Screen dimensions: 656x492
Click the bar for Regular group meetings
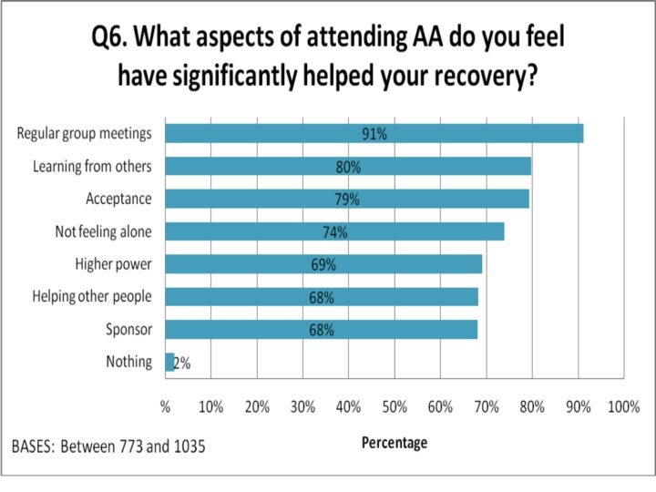click(374, 133)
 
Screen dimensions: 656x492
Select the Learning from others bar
click(348, 166)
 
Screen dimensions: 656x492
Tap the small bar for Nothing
click(169, 362)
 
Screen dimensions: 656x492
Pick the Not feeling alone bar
click(334, 231)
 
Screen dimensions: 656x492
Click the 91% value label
click(374, 134)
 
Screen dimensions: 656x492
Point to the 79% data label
click(347, 200)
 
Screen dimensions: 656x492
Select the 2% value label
click(182, 364)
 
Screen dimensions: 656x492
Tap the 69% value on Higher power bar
click(323, 265)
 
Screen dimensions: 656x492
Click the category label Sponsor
click(128, 330)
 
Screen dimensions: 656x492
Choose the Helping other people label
click(92, 297)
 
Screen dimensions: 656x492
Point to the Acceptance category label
click(118, 199)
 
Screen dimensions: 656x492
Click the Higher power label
click(113, 264)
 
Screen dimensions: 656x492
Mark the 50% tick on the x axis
click(395, 406)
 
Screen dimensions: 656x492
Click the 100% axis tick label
click(624, 406)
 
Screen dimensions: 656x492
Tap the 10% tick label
click(210, 406)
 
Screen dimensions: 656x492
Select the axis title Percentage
click(395, 443)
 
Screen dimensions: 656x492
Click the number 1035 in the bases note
click(190, 446)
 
